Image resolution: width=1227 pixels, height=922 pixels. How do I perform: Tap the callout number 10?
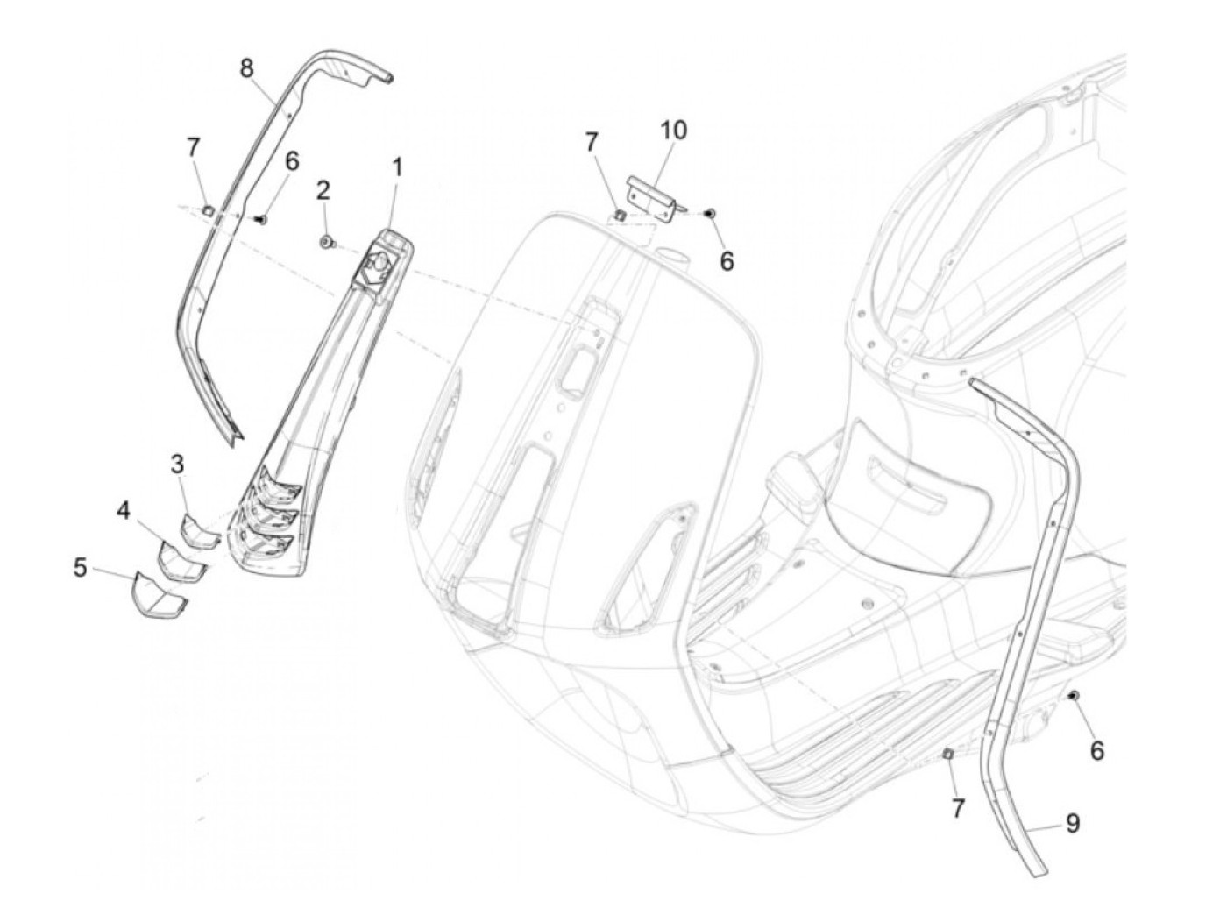pos(673,131)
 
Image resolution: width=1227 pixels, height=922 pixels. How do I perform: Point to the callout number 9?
pos(1072,823)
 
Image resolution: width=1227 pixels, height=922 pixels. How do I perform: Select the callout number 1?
pos(397,166)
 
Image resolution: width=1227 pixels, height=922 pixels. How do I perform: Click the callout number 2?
pos(323,190)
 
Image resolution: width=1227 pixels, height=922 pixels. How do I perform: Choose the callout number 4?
pos(123,511)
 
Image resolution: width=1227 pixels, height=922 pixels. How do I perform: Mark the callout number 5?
pos(81,569)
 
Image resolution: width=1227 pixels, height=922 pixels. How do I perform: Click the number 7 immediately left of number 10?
pos(592,142)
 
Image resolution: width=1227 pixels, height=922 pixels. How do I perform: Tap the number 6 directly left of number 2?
pos(292,161)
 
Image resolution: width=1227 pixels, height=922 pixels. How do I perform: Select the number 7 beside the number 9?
pos(958,808)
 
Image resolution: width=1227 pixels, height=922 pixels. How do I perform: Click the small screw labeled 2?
pos(327,241)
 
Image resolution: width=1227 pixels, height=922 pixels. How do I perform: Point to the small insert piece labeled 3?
pos(199,531)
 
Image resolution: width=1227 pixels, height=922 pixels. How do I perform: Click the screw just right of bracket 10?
pos(711,212)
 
